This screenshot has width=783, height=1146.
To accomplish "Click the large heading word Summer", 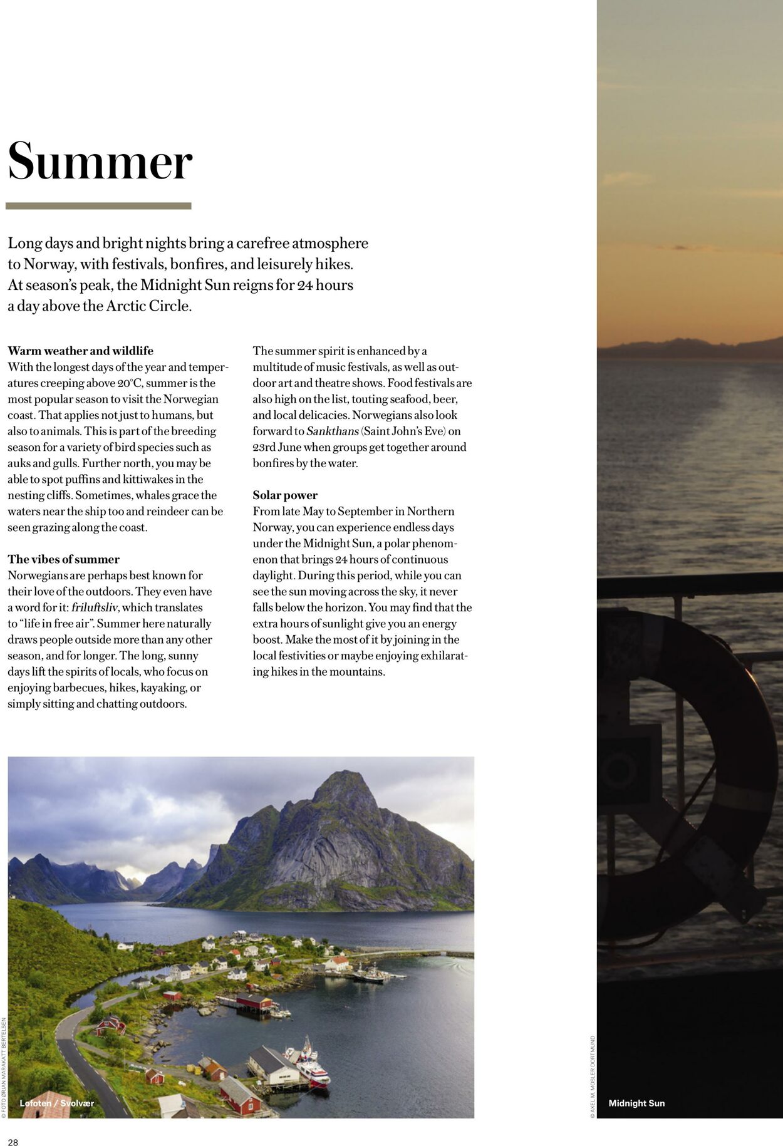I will (x=100, y=161).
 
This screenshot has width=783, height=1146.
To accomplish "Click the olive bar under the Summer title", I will (x=98, y=206).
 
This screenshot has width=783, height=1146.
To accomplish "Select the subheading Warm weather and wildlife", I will (x=80, y=351).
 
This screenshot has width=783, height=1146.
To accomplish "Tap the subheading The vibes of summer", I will (x=63, y=559).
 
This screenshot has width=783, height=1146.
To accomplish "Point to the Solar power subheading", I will (x=285, y=495).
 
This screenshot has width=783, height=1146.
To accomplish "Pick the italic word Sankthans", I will (x=333, y=431).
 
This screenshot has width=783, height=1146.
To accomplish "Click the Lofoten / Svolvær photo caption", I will (x=57, y=1103).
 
